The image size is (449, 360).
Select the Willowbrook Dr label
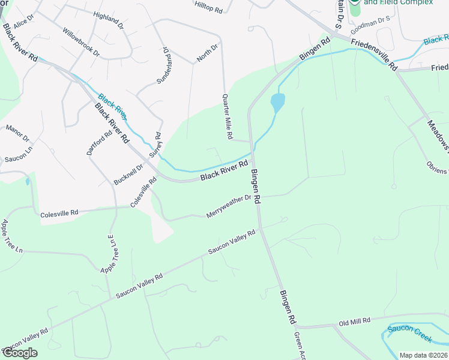tap(80, 40)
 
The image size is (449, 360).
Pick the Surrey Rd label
tap(155, 145)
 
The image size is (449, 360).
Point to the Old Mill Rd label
tap(355, 322)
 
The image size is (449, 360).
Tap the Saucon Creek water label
tap(409, 333)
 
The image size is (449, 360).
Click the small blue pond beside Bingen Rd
tap(277, 102)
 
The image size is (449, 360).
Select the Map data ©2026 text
tap(423, 355)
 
